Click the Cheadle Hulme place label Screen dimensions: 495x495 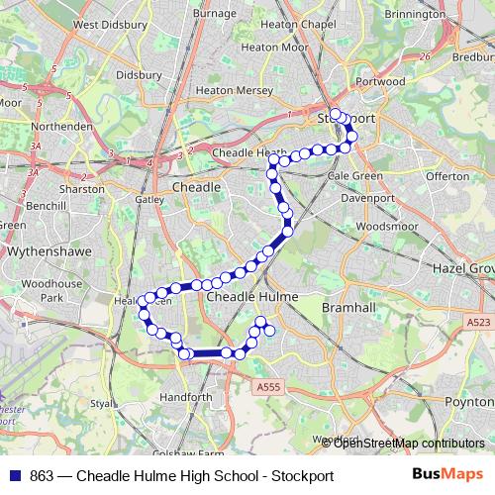[250, 296]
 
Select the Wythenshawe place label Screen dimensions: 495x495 [49, 251]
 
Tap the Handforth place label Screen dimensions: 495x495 [185, 397]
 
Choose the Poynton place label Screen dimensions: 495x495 [470, 401]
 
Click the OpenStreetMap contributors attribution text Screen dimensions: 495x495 [409, 444]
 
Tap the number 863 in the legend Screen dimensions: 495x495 [42, 476]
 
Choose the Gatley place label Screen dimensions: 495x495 [149, 198]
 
